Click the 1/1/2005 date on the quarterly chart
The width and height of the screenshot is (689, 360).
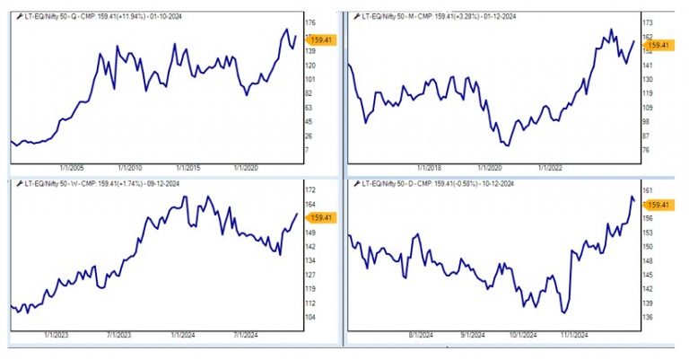pos(73,167)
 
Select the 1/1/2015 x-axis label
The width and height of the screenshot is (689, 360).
pos(188,167)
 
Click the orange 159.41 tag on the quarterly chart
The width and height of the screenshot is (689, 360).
pos(318,39)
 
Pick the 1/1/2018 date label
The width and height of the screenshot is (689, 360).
pos(431,167)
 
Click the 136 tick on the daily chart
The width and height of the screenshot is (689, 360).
pos(648,318)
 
